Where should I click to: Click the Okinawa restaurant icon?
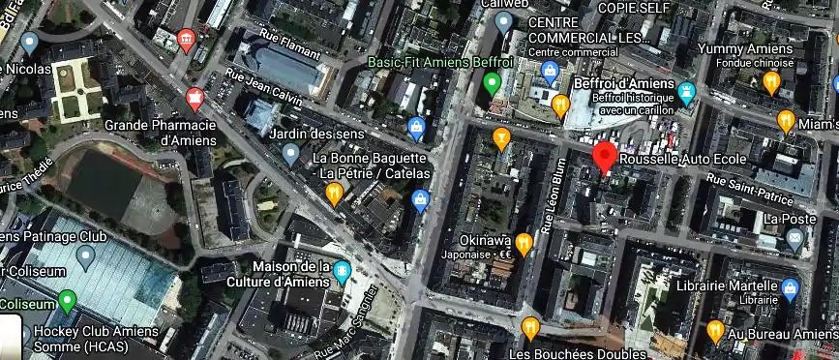[x=524, y=243]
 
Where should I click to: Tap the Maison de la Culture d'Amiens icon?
[x=342, y=274]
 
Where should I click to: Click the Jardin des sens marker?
[x=290, y=153]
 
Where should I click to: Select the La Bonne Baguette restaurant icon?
[x=334, y=195]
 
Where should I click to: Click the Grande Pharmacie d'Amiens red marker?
[x=195, y=98]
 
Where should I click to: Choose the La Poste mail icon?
[x=795, y=240]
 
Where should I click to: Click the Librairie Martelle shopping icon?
[x=790, y=288]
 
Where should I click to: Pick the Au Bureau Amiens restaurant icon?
[x=715, y=331]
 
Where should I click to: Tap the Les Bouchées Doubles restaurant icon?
[x=529, y=329]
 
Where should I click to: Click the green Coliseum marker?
[x=67, y=300]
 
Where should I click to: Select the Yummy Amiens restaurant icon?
[x=771, y=83]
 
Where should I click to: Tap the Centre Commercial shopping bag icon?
[x=551, y=71]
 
